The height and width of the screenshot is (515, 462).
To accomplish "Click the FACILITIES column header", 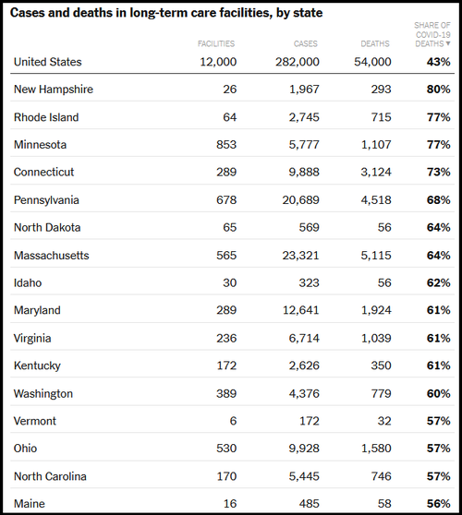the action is (x=216, y=43).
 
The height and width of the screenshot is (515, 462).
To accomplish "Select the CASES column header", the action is (x=306, y=43).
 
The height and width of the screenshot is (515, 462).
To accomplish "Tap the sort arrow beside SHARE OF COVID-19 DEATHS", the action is (x=448, y=43).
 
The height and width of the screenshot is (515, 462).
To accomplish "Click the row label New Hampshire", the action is (x=54, y=90).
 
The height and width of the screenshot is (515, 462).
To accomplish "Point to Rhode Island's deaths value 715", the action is (x=381, y=117).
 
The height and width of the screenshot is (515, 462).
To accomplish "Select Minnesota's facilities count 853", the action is (x=226, y=145).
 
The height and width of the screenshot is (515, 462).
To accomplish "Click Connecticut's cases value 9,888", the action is (x=304, y=172).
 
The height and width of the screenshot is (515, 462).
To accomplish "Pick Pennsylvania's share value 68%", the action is (x=438, y=200).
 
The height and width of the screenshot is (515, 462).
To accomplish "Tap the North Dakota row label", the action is (x=47, y=228).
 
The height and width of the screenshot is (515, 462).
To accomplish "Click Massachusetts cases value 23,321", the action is (x=300, y=256).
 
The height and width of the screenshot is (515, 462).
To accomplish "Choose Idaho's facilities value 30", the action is (x=229, y=282).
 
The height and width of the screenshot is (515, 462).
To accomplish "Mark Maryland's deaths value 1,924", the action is (x=376, y=310).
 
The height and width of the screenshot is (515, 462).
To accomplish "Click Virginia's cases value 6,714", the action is (x=304, y=339).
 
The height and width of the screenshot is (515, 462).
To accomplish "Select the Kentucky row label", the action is (x=37, y=365).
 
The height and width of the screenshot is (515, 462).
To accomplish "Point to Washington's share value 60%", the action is (x=438, y=393).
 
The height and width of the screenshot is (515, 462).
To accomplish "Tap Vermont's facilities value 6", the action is (x=233, y=421).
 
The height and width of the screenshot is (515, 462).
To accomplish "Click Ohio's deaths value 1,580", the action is (x=376, y=449).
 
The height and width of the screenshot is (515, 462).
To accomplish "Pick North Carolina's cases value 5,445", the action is (x=304, y=476).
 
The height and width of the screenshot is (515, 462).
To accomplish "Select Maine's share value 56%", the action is (x=438, y=504).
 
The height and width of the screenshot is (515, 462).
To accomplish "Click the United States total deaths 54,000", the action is (x=372, y=62).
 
